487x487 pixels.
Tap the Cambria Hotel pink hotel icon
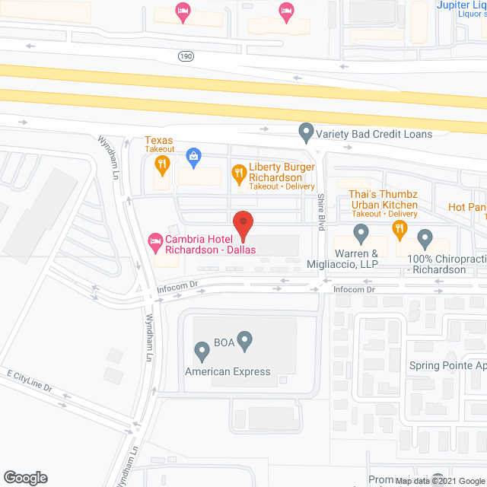(x=153, y=241)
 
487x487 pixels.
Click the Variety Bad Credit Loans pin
(x=306, y=134)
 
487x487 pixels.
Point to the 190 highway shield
(x=186, y=57)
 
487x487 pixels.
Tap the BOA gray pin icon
(x=244, y=341)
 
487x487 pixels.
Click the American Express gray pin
(x=202, y=352)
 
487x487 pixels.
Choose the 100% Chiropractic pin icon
(x=425, y=239)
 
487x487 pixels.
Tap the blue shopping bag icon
(x=194, y=157)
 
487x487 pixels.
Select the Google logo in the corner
(x=25, y=478)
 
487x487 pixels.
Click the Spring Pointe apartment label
(x=447, y=365)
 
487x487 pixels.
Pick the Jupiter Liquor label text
(x=461, y=5)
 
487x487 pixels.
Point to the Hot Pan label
(x=466, y=206)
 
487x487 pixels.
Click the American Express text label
(x=228, y=371)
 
